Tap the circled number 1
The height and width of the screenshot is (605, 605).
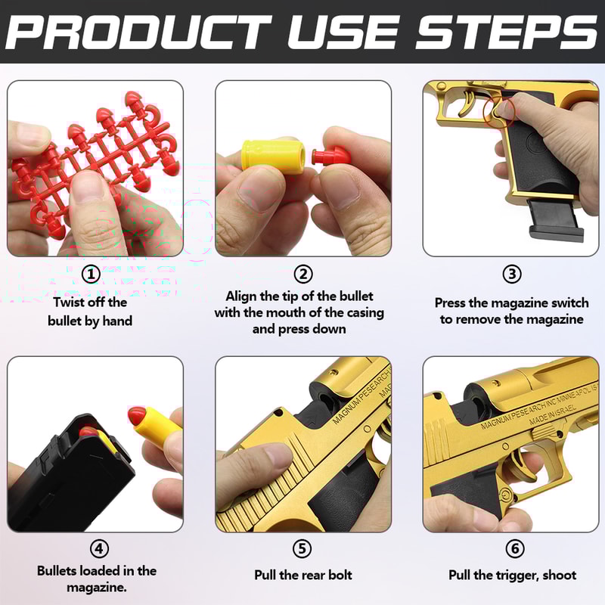pos(91,275)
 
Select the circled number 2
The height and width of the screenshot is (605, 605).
pos(303,275)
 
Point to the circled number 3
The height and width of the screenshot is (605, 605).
pos(512,275)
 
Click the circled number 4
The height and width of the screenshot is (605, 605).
pos(99,549)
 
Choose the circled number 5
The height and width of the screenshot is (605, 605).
pos(303,549)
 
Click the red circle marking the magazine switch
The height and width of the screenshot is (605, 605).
pos(500,110)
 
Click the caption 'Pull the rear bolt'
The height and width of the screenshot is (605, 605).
pos(303,575)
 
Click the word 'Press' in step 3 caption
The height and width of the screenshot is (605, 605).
pos(451,302)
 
